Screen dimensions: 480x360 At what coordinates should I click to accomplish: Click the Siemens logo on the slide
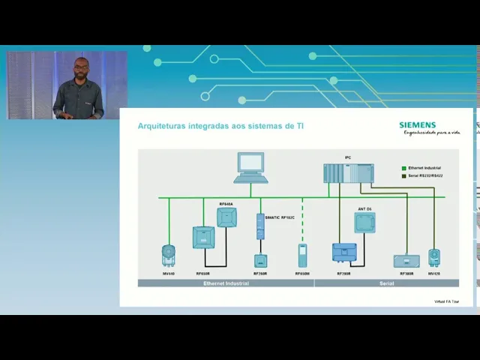[417, 125]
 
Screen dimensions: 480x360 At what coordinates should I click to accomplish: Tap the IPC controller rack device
[348, 173]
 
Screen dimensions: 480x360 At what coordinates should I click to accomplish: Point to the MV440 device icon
[168, 255]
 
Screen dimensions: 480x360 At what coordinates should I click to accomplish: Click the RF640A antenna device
[226, 217]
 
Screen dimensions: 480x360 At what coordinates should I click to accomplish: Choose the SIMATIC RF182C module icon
[260, 226]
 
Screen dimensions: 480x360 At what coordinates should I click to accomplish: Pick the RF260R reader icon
[260, 261]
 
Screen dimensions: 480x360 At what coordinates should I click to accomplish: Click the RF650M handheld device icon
[302, 255]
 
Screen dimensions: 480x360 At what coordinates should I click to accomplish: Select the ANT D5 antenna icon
[364, 222]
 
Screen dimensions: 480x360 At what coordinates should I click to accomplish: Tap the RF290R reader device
[344, 253]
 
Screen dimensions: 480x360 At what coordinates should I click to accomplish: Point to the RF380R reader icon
[406, 261]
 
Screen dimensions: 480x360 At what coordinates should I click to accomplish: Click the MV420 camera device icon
[434, 257]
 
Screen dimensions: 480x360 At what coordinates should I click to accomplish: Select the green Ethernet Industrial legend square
[403, 169]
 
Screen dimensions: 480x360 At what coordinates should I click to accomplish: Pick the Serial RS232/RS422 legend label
[425, 175]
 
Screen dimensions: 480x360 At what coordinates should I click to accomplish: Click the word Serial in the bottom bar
[386, 283]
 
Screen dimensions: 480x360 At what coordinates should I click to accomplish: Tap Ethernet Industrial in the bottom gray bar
[225, 283]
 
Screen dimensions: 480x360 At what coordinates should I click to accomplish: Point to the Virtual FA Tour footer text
[447, 301]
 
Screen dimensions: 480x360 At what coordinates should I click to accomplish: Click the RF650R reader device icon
[203, 238]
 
